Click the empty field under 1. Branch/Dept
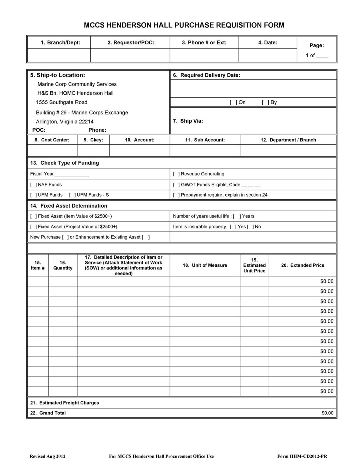click(x=59, y=55)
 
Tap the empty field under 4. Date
click(x=267, y=55)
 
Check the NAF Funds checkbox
click(x=33, y=184)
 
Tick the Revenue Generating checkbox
click(x=176, y=174)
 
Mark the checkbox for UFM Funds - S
click(x=72, y=195)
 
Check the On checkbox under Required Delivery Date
click(x=234, y=102)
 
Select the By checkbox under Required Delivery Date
click(x=265, y=102)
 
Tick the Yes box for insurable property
click(x=233, y=227)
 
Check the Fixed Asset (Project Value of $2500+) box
click(x=33, y=227)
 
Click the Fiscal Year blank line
click(x=72, y=174)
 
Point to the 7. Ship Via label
click(x=188, y=121)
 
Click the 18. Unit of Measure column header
click(x=205, y=265)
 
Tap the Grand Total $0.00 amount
click(x=327, y=413)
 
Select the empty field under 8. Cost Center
click(x=52, y=150)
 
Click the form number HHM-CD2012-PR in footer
click(x=308, y=456)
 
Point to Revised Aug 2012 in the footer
click(x=47, y=456)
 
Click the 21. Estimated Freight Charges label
click(x=65, y=403)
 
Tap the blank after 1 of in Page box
click(x=322, y=56)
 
